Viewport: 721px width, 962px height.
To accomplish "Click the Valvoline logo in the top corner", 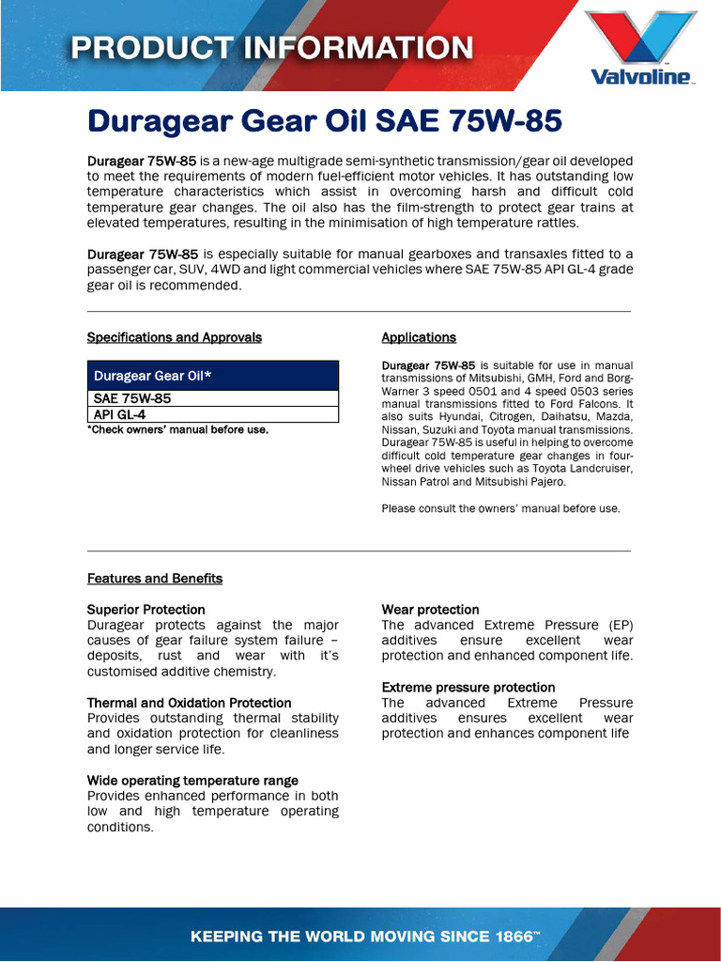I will pos(641,47).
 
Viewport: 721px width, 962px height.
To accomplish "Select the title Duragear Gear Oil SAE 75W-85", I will pos(324,121).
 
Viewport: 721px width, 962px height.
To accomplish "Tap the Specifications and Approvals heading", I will pos(174,337).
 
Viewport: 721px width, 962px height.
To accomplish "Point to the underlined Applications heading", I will pos(419,337).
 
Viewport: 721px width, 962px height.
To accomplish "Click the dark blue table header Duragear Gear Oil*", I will pos(212,376).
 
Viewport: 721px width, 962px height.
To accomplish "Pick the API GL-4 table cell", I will pos(119,414).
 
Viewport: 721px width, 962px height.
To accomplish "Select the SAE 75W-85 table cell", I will pos(132,398).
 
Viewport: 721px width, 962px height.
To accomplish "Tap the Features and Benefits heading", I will pos(155,578).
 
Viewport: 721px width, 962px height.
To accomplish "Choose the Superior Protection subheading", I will pos(146,610).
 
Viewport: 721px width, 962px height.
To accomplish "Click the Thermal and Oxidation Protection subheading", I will pos(189,703).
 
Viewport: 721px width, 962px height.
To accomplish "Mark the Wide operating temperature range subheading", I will pos(192,781).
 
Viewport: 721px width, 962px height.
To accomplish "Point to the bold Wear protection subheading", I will pos(430,610).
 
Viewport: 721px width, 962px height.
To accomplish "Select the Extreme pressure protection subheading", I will pos(468,688).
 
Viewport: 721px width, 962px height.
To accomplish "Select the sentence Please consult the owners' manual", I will pos(500,508).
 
